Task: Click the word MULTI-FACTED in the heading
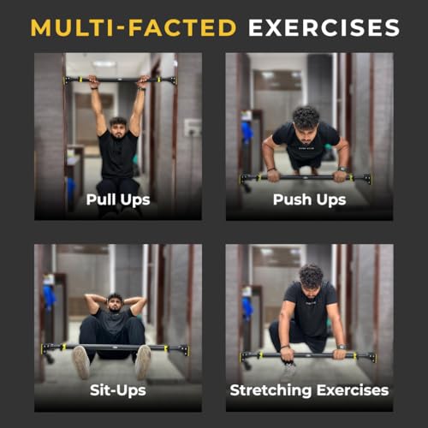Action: (x=134, y=27)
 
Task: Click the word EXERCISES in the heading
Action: (x=324, y=27)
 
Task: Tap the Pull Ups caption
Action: (x=118, y=199)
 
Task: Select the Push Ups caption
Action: (x=310, y=199)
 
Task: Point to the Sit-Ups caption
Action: (x=118, y=390)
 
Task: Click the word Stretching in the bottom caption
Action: (x=270, y=390)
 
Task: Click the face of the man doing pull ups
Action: (x=118, y=129)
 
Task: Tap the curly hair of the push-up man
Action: (x=306, y=117)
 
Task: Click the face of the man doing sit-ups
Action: (x=115, y=304)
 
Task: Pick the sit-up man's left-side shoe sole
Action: (x=81, y=362)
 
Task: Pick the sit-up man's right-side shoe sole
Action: (x=143, y=362)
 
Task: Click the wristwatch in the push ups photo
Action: (x=342, y=169)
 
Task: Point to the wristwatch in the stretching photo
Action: (x=342, y=347)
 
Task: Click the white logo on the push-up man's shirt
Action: (x=306, y=148)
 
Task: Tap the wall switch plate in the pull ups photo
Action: (x=192, y=128)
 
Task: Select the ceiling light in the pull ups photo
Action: (x=104, y=64)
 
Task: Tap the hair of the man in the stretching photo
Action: (x=311, y=276)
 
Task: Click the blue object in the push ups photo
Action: (x=247, y=132)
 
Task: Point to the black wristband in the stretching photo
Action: (x=285, y=348)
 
